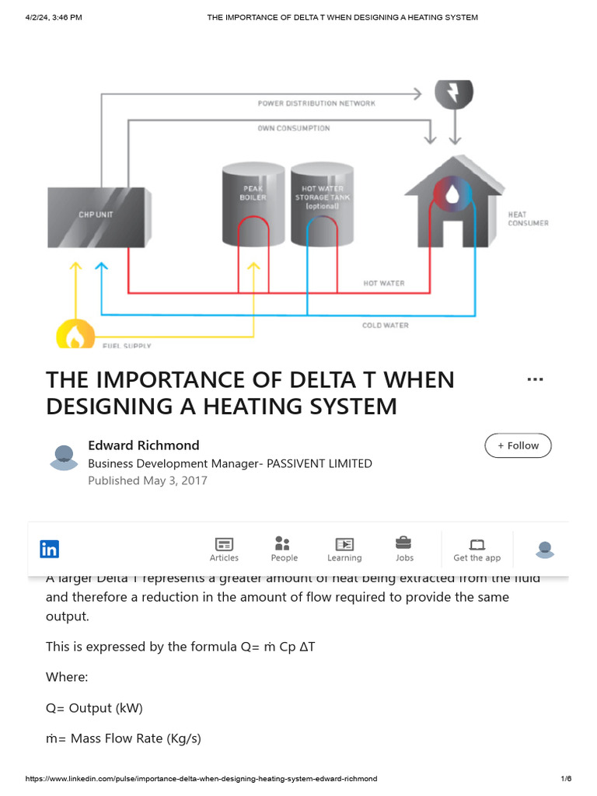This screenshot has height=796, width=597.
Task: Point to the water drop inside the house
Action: coord(452,194)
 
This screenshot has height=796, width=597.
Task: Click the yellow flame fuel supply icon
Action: coord(75,337)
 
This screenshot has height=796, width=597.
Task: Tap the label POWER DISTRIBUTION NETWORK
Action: coord(316,103)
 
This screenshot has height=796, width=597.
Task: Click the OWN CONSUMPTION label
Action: coord(294,128)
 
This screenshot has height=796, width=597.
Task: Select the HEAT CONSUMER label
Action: coord(528,218)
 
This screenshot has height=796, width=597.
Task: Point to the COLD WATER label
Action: coord(385,325)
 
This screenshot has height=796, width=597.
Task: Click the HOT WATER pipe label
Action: coord(384,284)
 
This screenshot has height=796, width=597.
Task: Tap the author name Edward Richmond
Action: coord(144,445)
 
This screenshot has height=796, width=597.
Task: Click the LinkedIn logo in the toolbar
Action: coord(49,549)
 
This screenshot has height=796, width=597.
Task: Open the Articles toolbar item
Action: coord(224,549)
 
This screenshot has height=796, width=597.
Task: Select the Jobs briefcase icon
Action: coord(404,543)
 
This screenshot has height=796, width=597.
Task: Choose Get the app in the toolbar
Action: coord(477,549)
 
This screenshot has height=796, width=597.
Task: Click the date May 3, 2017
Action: coord(175,480)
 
